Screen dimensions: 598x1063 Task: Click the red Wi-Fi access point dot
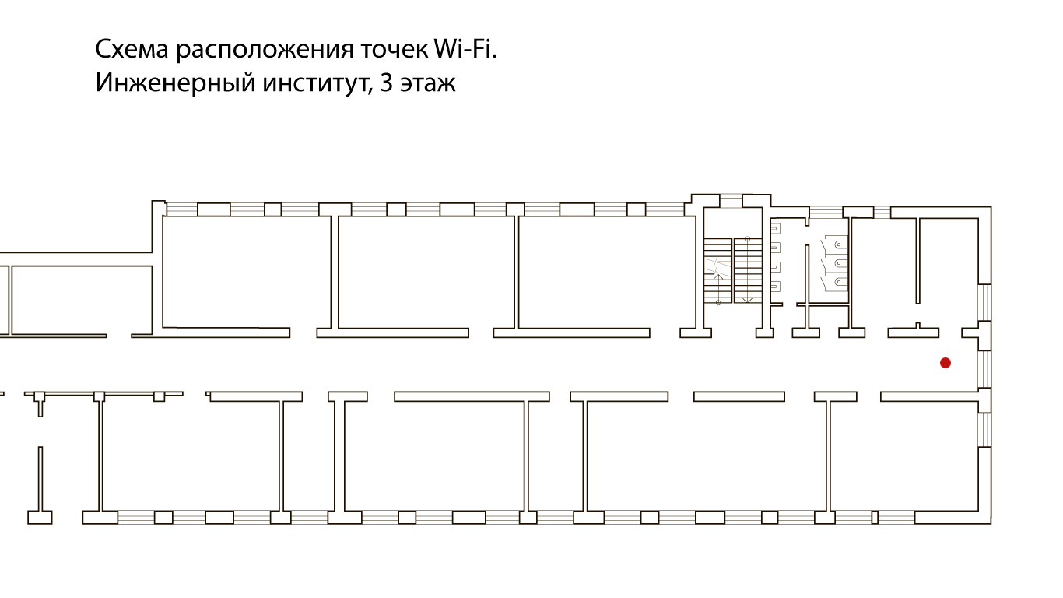[945, 363]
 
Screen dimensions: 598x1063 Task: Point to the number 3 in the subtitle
[385, 83]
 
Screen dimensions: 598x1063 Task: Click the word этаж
[427, 83]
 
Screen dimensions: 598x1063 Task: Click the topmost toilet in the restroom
[840, 244]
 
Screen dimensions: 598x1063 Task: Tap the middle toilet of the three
[840, 263]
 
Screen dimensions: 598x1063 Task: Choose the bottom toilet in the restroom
[840, 280]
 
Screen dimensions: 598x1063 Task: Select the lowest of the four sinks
[775, 287]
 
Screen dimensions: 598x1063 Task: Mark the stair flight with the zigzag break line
[717, 270]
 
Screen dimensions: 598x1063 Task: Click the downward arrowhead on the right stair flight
[746, 299]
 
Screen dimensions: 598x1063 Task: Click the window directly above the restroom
[826, 210]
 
